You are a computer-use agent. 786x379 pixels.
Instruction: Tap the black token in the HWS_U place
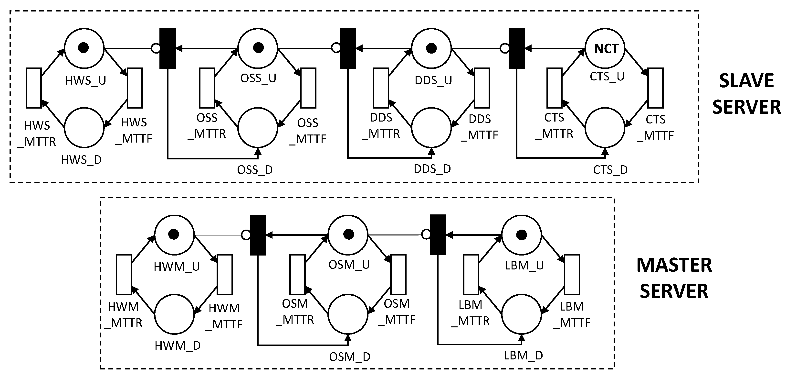pos(84,48)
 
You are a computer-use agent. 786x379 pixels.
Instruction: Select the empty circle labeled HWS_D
pos(84,127)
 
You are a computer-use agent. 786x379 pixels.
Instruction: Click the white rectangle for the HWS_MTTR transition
pos(33,88)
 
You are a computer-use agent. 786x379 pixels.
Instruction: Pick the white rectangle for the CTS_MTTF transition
pos(655,88)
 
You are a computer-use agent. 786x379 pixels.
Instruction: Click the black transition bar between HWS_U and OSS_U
pos(168,48)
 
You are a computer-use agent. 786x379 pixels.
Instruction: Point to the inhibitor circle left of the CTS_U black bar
pos(505,48)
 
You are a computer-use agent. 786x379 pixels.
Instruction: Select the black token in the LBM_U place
pos(522,235)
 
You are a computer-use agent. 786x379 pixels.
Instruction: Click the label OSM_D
pos(349,357)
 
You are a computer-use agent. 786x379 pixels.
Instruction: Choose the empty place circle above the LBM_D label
pos(522,314)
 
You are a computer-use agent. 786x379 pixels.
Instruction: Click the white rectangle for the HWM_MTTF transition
pos(225,274)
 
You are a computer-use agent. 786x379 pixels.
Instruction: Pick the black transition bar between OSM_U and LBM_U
pos(438,235)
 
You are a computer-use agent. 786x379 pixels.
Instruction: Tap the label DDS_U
pos(433,80)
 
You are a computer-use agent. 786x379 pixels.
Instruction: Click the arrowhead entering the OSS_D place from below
pos(258,151)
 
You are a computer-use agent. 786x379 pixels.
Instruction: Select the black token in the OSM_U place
pos(348,234)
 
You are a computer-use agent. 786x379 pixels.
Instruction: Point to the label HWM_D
pos(178,346)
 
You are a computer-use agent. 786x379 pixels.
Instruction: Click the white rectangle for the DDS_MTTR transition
pos(381,88)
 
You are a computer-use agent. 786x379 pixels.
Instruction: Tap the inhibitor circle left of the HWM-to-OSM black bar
pos(246,235)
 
